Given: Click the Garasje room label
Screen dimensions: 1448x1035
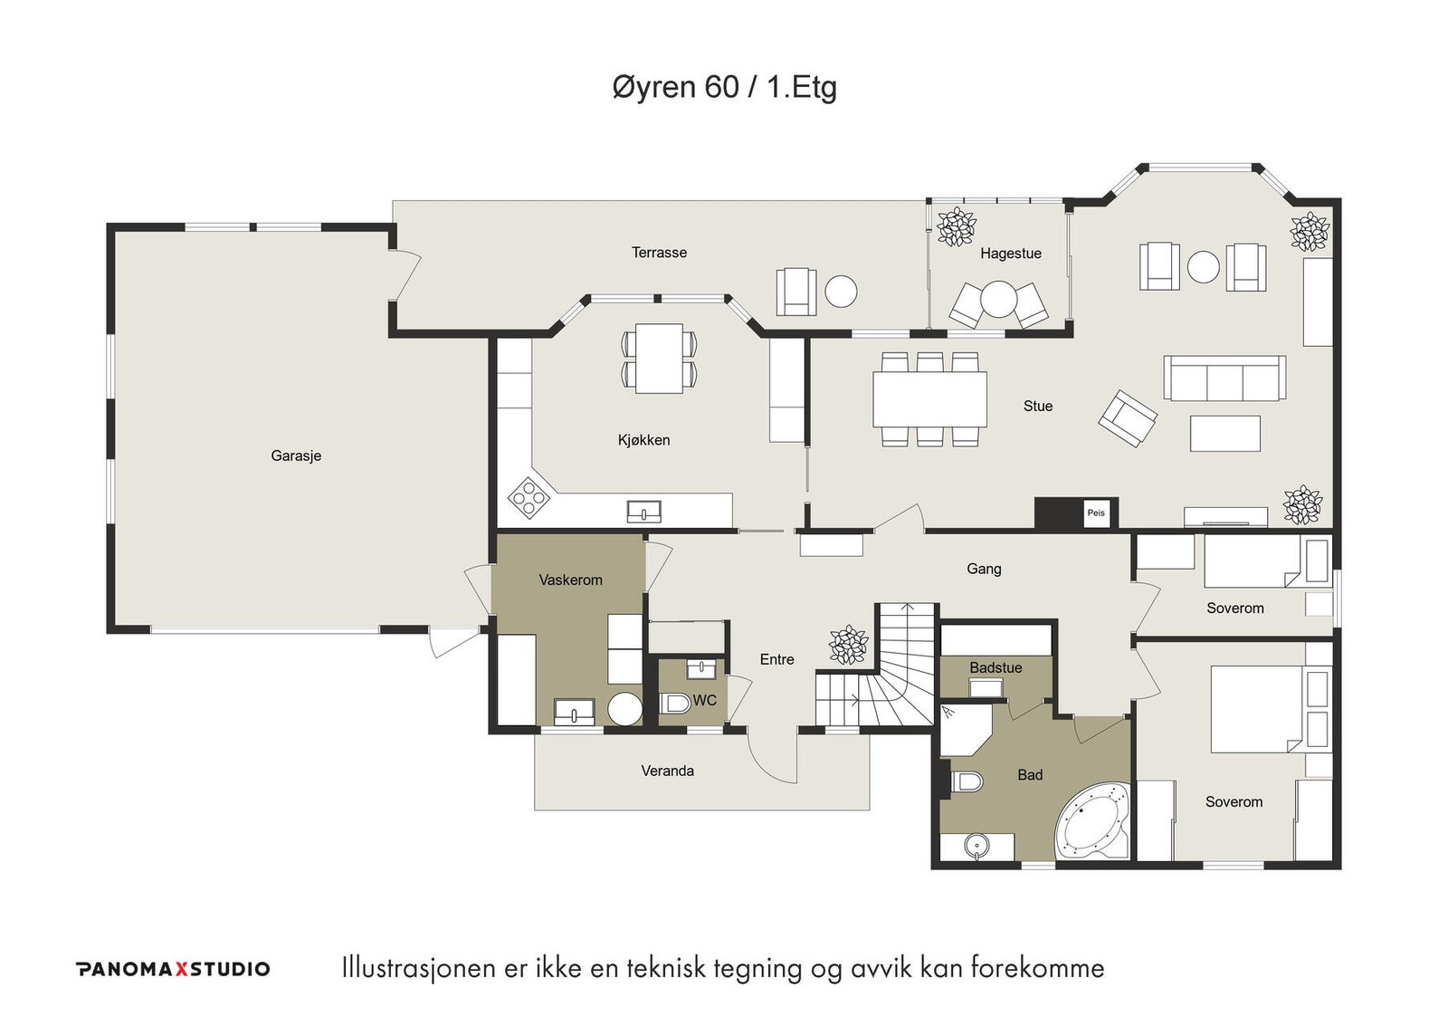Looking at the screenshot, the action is (296, 456).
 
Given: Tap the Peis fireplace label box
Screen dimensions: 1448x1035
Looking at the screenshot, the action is (1096, 513).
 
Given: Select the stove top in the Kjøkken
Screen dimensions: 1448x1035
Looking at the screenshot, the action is (529, 498).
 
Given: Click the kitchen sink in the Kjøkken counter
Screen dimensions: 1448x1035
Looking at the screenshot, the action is (643, 512).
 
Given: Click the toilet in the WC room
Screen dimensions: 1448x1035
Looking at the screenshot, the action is (674, 703).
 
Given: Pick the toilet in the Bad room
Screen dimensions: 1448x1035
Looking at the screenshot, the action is (967, 782).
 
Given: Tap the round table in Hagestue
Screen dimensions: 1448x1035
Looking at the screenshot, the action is (999, 299).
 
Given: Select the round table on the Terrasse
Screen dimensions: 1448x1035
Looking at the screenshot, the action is (841, 292).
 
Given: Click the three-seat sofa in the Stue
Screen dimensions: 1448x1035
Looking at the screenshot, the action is (1224, 378).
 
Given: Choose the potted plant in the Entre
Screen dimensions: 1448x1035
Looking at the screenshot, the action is (848, 645).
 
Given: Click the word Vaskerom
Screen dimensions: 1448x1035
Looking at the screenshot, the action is (570, 580).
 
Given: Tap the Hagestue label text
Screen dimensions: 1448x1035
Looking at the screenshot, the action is (1010, 254).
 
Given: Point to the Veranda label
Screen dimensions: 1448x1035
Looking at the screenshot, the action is (667, 771).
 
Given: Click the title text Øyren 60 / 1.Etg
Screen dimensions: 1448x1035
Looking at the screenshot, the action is (724, 87).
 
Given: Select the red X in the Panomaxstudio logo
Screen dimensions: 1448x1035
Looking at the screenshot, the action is (180, 969).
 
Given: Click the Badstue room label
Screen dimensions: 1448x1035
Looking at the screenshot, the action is (995, 667).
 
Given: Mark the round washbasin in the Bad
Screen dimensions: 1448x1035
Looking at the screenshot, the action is (976, 846).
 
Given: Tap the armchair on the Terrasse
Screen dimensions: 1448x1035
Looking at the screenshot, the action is (796, 292).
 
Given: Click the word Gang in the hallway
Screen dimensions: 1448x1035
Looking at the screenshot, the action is (984, 570).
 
